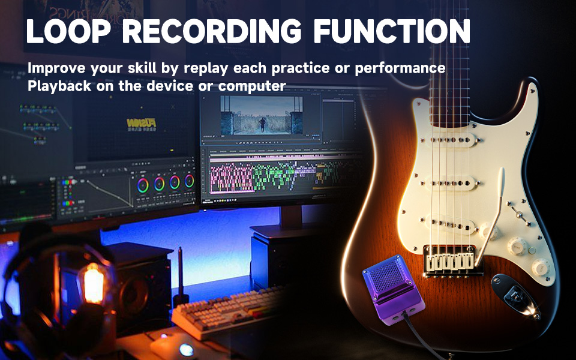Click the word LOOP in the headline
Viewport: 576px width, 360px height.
tap(68, 31)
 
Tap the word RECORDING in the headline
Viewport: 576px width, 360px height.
tap(212, 31)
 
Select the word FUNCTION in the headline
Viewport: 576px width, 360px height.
tap(392, 31)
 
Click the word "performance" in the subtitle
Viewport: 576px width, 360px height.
tap(400, 68)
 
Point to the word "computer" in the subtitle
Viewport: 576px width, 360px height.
tap(252, 86)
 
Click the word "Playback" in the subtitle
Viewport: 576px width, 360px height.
tap(59, 86)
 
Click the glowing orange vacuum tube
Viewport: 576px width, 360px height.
tap(94, 283)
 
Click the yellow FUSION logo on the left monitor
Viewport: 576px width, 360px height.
tap(141, 123)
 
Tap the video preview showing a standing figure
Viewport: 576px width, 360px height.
tap(262, 115)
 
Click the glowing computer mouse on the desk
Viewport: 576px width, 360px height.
tap(186, 349)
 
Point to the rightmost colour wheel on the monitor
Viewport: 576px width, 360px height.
tap(190, 181)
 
